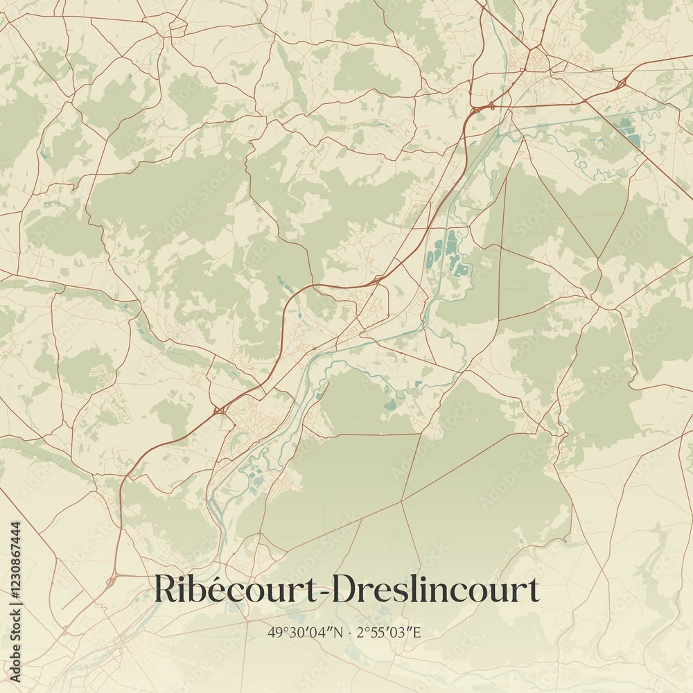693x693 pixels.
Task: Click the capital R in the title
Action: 165,590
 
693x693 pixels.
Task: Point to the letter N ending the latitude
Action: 339,633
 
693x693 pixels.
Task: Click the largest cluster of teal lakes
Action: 447,253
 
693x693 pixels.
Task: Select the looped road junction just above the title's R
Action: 111,579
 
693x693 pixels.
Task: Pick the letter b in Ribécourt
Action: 197,590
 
